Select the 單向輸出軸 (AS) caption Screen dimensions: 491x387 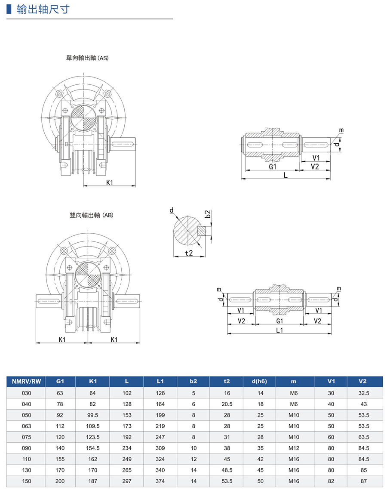point(85,58)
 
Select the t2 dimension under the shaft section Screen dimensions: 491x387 point(188,253)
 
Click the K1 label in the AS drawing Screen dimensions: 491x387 point(110,182)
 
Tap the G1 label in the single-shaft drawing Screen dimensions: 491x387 point(272,167)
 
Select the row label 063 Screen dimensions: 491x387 point(26,426)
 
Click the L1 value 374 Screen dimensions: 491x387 point(160,481)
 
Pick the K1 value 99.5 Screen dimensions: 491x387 point(92,415)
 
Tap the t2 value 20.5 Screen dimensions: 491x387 point(227,404)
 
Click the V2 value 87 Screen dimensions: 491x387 point(364,481)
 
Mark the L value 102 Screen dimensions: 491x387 point(126,393)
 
